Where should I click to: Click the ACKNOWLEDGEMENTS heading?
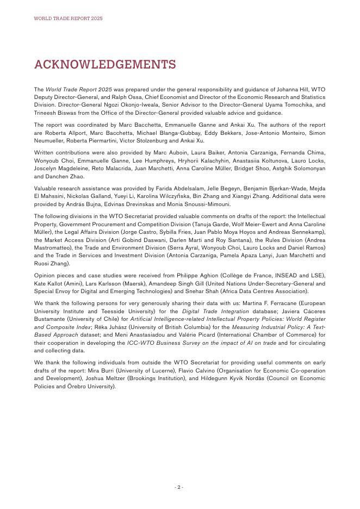105,64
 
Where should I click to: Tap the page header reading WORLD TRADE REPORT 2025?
68,18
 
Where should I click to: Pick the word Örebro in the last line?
76,386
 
